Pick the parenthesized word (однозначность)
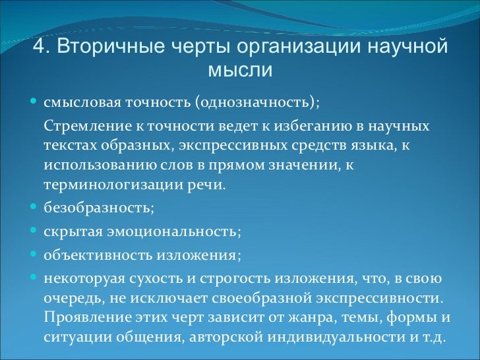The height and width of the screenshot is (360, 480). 256,104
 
